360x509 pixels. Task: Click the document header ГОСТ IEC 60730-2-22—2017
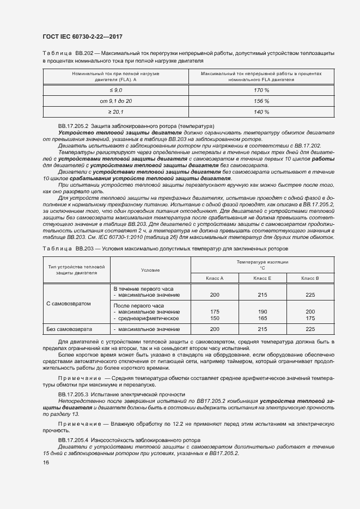pyautogui.click(x=82, y=36)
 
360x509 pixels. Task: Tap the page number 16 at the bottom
pyautogui.click(x=46, y=462)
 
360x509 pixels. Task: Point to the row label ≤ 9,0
pyautogui.click(x=115, y=89)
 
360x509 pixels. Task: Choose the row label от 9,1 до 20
pyautogui.click(x=115, y=101)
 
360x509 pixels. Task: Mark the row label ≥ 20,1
pyautogui.click(x=115, y=112)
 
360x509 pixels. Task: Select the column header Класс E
pyautogui.click(x=263, y=278)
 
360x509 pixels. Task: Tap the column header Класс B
pyautogui.click(x=310, y=278)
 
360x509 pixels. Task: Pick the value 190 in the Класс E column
pyautogui.click(x=263, y=312)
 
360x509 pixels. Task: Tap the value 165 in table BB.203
pyautogui.click(x=263, y=318)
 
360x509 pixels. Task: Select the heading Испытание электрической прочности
pyautogui.click(x=121, y=394)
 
